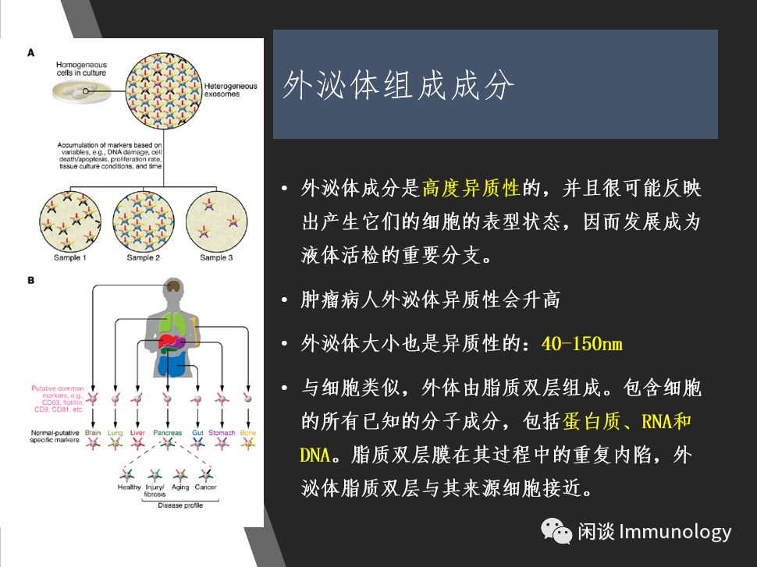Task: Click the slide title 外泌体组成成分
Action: tap(398, 86)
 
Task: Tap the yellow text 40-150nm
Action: tap(581, 344)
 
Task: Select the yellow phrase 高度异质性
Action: tap(471, 188)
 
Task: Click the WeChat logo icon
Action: tap(556, 531)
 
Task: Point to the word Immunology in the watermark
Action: tap(675, 532)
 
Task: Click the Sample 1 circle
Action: tap(70, 221)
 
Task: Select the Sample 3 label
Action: tap(216, 257)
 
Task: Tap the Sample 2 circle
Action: tap(144, 221)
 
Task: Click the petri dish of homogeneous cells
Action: tap(82, 91)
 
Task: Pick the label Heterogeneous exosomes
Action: tap(230, 90)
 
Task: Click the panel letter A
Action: tap(31, 52)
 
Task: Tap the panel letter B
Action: tap(31, 280)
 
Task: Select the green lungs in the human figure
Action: tap(172, 322)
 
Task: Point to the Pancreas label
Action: tap(168, 433)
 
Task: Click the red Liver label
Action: tap(137, 433)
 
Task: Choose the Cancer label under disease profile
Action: tap(206, 487)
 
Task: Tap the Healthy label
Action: tap(129, 487)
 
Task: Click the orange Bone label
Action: tap(248, 433)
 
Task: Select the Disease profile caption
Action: tap(180, 505)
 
